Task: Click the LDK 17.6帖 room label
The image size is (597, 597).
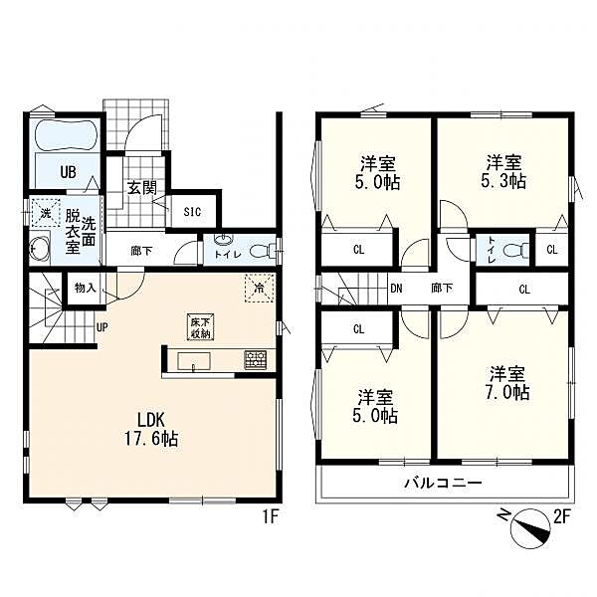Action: click(151, 430)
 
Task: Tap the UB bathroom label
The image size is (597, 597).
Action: click(68, 172)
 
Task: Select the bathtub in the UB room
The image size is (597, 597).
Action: click(67, 136)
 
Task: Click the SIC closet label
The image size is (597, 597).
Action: click(192, 212)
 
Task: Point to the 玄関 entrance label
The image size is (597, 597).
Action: click(141, 188)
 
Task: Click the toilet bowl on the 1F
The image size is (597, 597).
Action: click(263, 252)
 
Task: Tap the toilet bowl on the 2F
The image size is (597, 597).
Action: click(515, 251)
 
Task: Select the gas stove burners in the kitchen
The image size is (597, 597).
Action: click(256, 360)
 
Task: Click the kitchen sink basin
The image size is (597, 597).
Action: click(194, 360)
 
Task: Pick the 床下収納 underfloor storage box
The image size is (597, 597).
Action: click(200, 327)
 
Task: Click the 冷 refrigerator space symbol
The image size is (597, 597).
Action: click(259, 289)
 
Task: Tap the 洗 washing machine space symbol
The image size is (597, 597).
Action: click(46, 213)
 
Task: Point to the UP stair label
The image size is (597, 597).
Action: click(102, 327)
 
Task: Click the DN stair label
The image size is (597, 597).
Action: click(396, 289)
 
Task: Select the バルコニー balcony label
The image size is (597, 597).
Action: click(443, 484)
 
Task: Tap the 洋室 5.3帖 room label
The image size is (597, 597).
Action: click(503, 172)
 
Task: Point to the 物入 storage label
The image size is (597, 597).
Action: click(86, 289)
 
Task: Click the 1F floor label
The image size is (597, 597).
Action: click(271, 517)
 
